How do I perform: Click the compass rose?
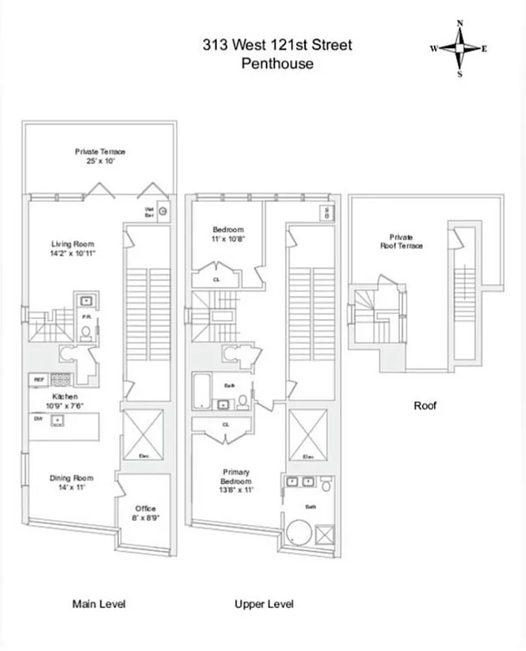pyautogui.click(x=459, y=48)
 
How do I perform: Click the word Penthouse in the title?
pyautogui.click(x=277, y=63)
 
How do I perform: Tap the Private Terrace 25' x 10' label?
pyautogui.click(x=100, y=155)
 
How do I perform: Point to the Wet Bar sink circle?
pyautogui.click(x=163, y=211)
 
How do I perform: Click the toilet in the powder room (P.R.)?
pyautogui.click(x=85, y=332)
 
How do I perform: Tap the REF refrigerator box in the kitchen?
pyautogui.click(x=38, y=378)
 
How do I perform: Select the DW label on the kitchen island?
pyautogui.click(x=38, y=419)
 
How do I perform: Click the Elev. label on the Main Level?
pyautogui.click(x=143, y=457)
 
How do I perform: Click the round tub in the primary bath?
pyautogui.click(x=298, y=531)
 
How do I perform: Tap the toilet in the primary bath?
pyautogui.click(x=325, y=487)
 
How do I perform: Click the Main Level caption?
pyautogui.click(x=98, y=604)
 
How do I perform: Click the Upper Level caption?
pyautogui.click(x=263, y=604)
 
